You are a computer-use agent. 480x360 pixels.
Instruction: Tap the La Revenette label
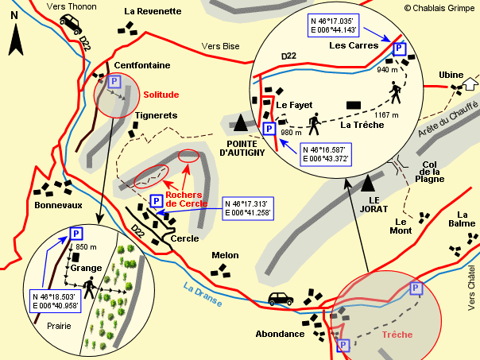(153, 11)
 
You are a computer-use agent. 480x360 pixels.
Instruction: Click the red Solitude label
(161, 95)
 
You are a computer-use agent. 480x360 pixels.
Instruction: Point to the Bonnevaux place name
(58, 205)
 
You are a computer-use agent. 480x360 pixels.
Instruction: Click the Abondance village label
(280, 335)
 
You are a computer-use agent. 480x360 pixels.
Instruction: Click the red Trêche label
(397, 335)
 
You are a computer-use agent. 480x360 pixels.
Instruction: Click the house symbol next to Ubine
(470, 83)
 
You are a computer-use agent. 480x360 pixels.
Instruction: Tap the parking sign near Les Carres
(400, 49)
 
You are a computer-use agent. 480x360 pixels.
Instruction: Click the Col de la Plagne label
(430, 172)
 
